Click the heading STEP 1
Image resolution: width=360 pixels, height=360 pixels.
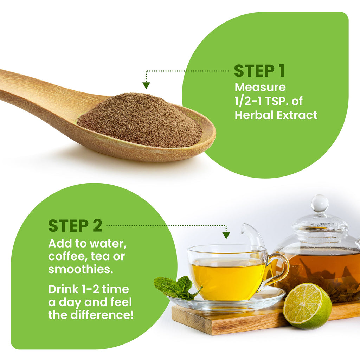click(x=259, y=71)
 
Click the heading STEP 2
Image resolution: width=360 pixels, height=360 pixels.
click(x=75, y=226)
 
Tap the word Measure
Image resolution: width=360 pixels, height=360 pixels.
click(x=260, y=87)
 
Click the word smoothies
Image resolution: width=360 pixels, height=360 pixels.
click(x=81, y=269)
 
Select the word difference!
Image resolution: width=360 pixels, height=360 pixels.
click(x=102, y=315)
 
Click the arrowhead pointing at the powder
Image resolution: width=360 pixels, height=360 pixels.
click(x=146, y=85)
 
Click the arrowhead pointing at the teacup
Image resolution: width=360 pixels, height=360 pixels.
click(x=226, y=236)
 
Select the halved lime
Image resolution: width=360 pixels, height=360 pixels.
click(x=307, y=306)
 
